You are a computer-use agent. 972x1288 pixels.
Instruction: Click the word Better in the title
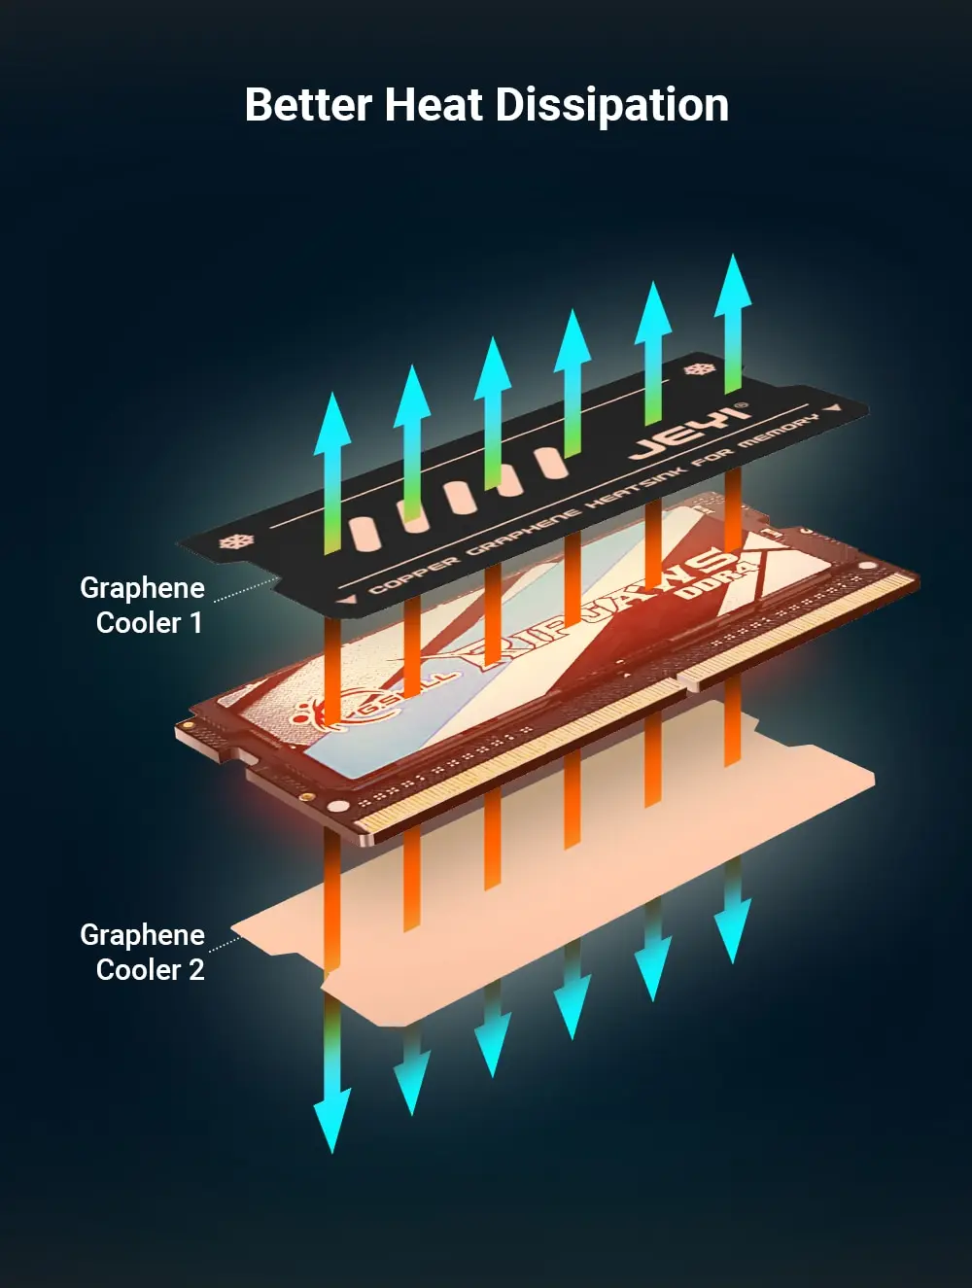pyautogui.click(x=307, y=105)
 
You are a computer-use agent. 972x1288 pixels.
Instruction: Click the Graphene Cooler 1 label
pyautogui.click(x=143, y=605)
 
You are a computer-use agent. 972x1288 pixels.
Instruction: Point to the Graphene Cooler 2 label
pyautogui.click(x=143, y=952)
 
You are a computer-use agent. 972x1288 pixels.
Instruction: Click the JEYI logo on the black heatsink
pyautogui.click(x=689, y=431)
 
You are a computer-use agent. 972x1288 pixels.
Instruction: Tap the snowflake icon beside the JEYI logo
pyautogui.click(x=696, y=370)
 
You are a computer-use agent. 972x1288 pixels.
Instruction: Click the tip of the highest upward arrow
pyautogui.click(x=733, y=258)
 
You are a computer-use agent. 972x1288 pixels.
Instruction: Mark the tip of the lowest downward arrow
pyautogui.click(x=331, y=1150)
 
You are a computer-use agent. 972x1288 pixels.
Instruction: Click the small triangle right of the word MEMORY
pyautogui.click(x=835, y=408)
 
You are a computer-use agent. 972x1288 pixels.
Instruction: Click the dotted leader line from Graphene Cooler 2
pyautogui.click(x=225, y=943)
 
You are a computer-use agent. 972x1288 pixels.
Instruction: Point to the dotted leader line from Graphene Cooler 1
pyautogui.click(x=245, y=589)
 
